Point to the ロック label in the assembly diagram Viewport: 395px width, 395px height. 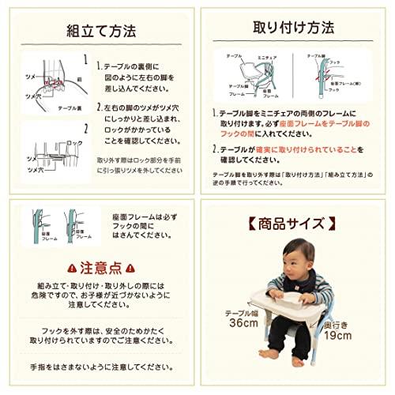75,141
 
